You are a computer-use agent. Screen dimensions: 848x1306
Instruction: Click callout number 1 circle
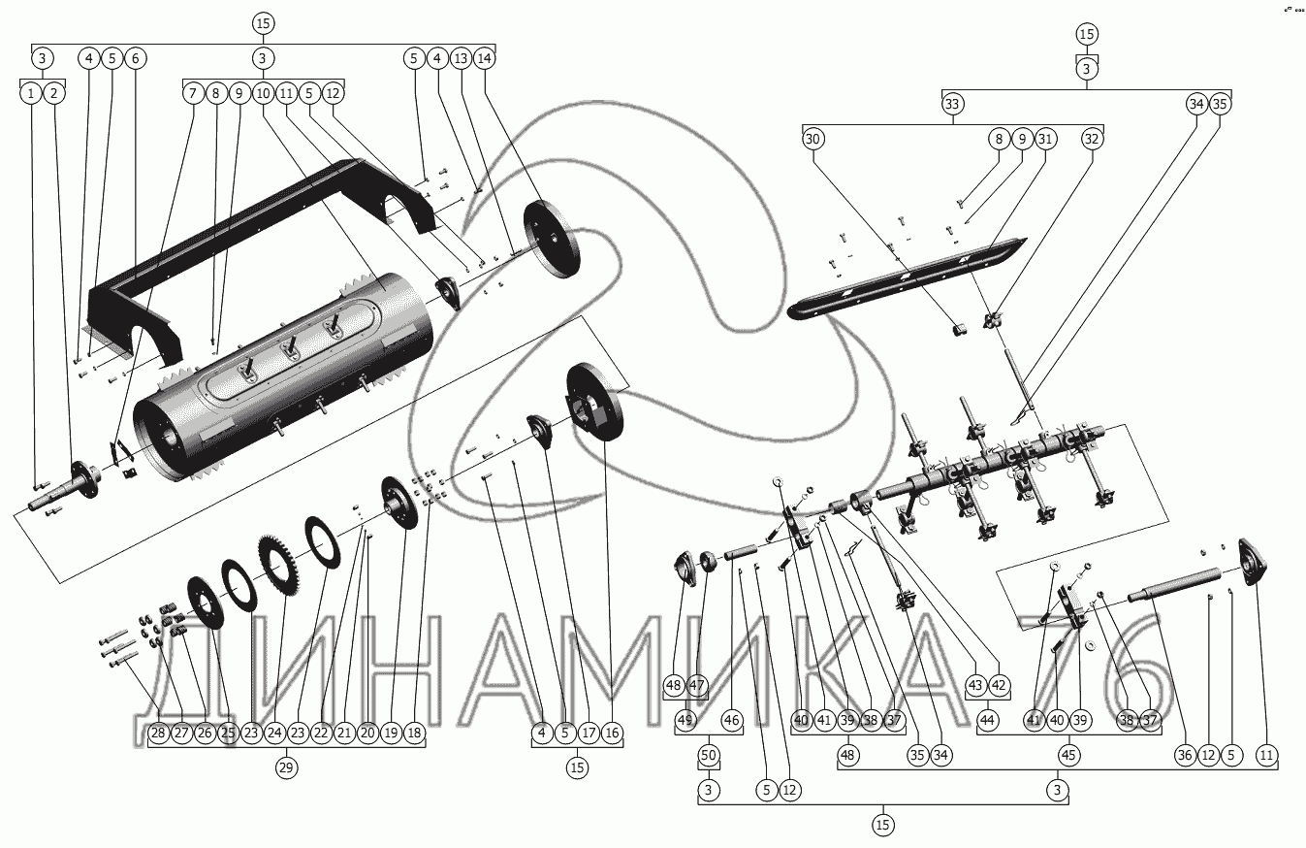32,93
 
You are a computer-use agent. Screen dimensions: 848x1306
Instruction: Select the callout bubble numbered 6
135,58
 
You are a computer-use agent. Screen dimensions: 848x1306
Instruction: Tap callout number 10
263,93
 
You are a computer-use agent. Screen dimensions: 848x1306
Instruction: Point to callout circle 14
485,58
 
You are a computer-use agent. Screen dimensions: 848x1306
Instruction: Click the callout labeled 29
286,767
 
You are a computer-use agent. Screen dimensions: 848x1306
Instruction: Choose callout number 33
952,105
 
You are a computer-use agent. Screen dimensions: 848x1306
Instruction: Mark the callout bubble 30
812,139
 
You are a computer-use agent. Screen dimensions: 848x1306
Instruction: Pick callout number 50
709,755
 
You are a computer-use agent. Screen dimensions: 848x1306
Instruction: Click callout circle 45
1069,755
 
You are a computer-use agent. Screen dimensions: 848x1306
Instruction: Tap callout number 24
275,733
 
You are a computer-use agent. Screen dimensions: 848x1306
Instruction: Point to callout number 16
612,733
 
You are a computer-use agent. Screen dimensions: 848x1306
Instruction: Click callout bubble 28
159,733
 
